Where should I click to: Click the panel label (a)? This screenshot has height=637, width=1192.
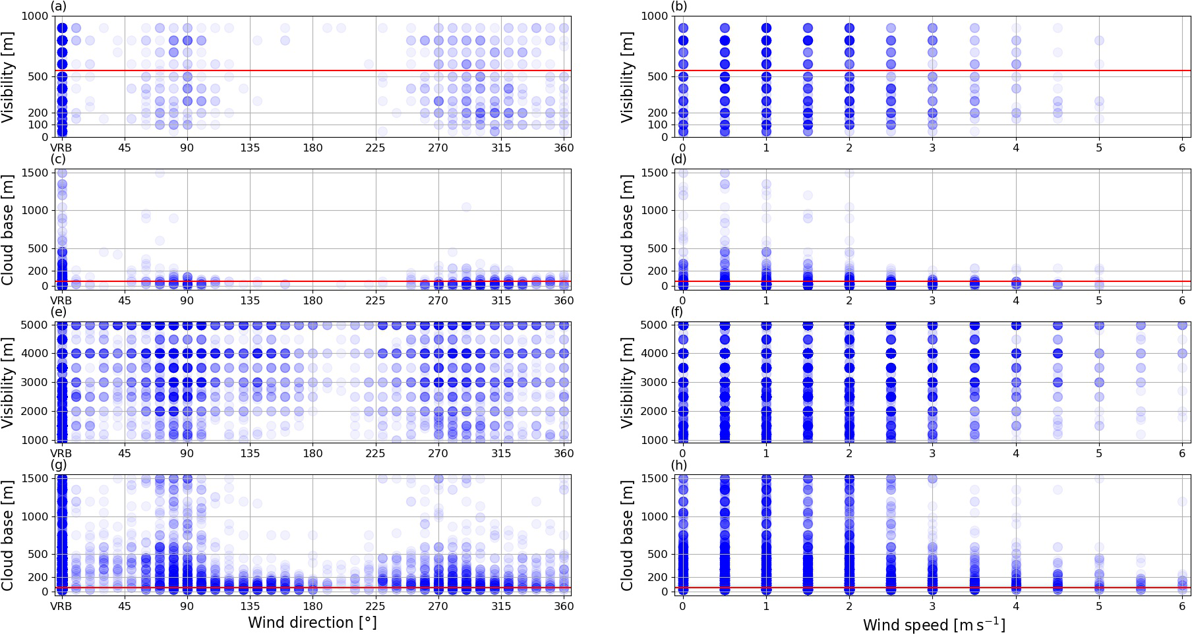(x=58, y=7)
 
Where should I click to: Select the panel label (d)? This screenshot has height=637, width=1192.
(x=679, y=159)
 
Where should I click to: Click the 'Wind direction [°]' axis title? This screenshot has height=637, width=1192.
(x=312, y=623)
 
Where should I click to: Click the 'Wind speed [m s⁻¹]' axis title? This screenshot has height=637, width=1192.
(x=934, y=624)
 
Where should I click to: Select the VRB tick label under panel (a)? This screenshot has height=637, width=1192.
(x=61, y=148)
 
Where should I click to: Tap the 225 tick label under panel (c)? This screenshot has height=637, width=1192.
(x=375, y=300)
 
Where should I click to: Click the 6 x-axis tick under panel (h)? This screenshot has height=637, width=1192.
(x=1182, y=605)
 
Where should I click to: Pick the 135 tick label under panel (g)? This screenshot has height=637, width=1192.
(x=250, y=605)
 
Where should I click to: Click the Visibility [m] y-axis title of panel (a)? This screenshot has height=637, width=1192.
(x=9, y=76)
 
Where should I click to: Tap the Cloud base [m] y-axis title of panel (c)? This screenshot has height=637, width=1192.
(x=9, y=229)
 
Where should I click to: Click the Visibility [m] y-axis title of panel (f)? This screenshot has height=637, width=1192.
(x=628, y=382)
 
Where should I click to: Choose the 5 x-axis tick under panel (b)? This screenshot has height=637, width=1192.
(x=1099, y=148)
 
